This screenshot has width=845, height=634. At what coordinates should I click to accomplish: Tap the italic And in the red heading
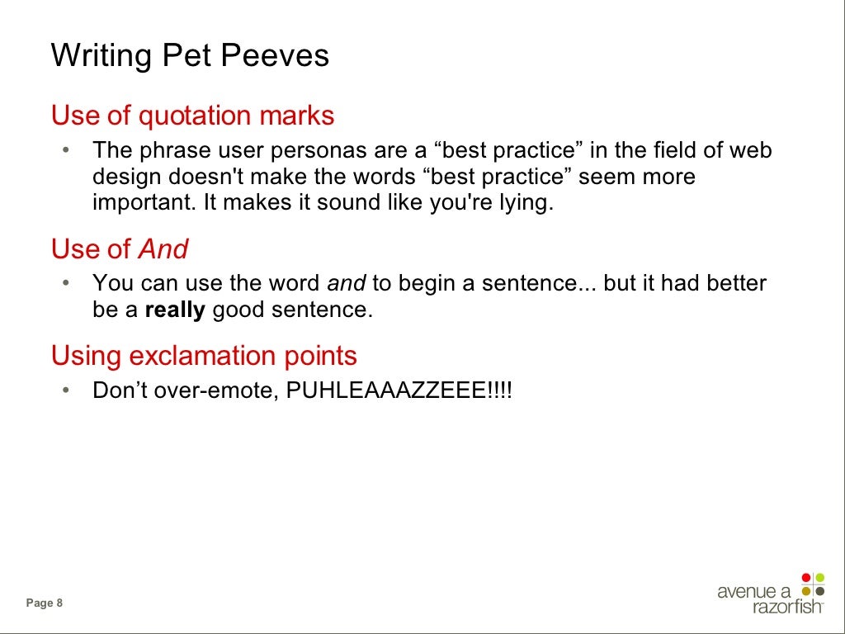[x=163, y=249]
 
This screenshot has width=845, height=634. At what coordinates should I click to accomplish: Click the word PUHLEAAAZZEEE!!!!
[x=399, y=390]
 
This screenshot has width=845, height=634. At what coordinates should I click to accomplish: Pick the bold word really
[x=175, y=310]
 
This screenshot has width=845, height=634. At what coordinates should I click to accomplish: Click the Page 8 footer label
[x=45, y=603]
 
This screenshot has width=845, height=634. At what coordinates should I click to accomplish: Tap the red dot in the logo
[x=806, y=577]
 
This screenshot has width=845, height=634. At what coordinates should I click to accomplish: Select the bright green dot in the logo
[x=819, y=577]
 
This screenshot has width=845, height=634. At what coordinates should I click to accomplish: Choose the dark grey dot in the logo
[x=819, y=590]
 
